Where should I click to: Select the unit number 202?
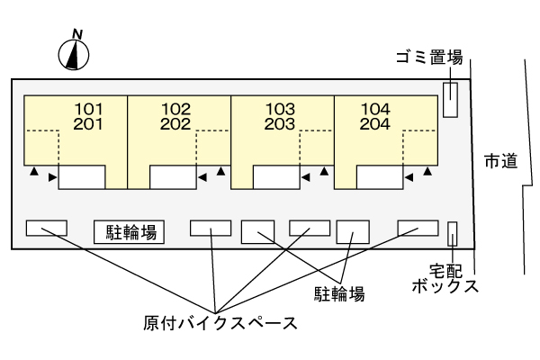(177, 124)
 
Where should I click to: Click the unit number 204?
(374, 124)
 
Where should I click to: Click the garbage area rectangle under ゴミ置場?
(450, 98)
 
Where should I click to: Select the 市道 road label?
(499, 161)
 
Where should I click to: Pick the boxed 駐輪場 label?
(129, 232)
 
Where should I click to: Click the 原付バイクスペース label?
(220, 321)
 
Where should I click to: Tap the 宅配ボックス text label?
(444, 277)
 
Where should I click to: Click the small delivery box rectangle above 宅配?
(453, 233)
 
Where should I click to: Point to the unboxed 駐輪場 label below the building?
(338, 293)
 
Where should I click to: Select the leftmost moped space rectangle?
(46, 229)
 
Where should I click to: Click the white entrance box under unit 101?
(82, 176)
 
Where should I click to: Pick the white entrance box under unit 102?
(173, 176)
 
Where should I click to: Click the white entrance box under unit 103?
(276, 176)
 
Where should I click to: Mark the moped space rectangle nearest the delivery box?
(418, 227)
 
